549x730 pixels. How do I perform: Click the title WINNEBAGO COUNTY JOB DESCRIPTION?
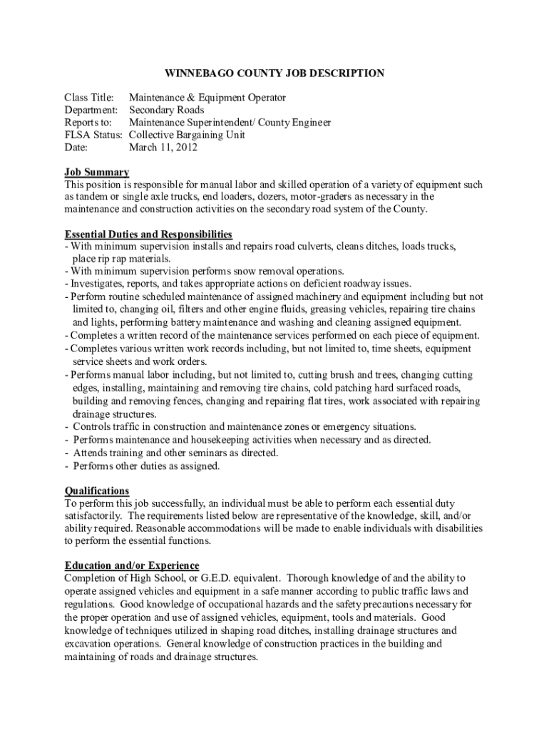pyautogui.click(x=274, y=73)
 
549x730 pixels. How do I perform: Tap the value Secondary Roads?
pyautogui.click(x=166, y=110)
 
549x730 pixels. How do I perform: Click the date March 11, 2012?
pyautogui.click(x=163, y=148)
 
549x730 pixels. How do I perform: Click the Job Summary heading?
pyautogui.click(x=96, y=172)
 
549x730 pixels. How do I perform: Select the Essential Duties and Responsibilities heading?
pyautogui.click(x=148, y=234)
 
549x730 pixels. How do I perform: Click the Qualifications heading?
pyautogui.click(x=97, y=490)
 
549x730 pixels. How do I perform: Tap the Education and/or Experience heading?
pyautogui.click(x=132, y=565)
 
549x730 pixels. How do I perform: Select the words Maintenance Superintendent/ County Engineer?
pyautogui.click(x=229, y=123)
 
